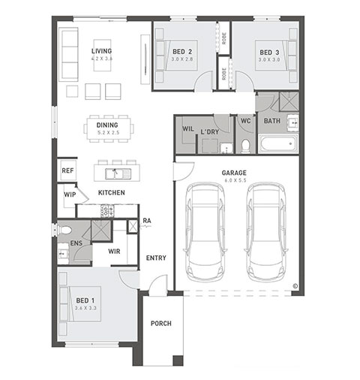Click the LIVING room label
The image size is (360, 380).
[x=101, y=51]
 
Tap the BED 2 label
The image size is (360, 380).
[x=182, y=52]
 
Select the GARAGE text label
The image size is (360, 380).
[x=234, y=173]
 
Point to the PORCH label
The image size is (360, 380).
[x=161, y=324]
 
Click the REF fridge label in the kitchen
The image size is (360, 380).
[x=67, y=170]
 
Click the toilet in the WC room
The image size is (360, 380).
[x=246, y=146]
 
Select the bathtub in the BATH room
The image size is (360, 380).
[x=278, y=143]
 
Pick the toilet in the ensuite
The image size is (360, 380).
[x=64, y=230]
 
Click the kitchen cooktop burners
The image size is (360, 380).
[x=107, y=211]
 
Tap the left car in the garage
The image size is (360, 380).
[x=205, y=232]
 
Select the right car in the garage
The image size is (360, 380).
[x=266, y=232]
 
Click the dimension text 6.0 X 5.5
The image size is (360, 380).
[x=235, y=180]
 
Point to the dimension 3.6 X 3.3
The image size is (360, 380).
[x=85, y=308]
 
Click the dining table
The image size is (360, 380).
[x=109, y=129]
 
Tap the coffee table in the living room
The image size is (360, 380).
[x=102, y=55]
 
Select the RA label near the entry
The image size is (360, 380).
[x=147, y=221]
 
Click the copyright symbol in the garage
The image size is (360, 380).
[x=295, y=286]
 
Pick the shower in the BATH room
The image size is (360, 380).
[x=289, y=101]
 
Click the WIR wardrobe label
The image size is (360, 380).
[x=114, y=252]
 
